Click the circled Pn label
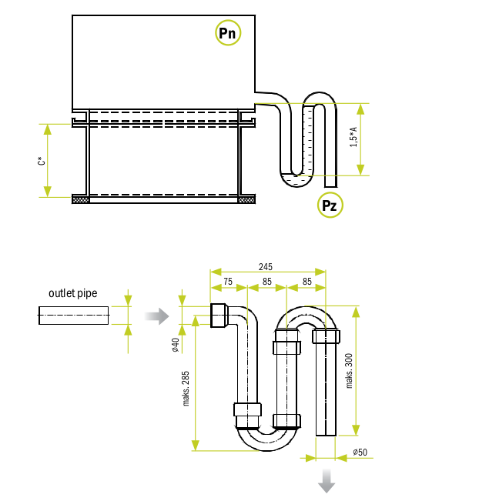pos(227,33)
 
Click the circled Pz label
pos(329,205)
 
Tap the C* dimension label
pos(41,161)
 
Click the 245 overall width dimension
pos(265,267)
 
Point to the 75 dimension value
pos(228,282)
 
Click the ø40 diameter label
pos(176,345)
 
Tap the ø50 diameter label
pos(360,452)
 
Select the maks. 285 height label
pos(186,389)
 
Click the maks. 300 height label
pos(349,370)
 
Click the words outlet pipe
pos(73,293)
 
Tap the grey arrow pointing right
pos(156,316)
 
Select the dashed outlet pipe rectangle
pos(74,316)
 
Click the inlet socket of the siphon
pos(219,316)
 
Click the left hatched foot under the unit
pos(80,199)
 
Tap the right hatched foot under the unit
pos(246,199)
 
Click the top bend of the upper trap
pos(320,98)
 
